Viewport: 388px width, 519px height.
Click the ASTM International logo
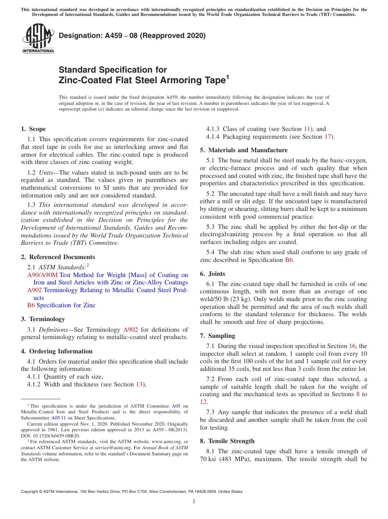pyautogui.click(x=38, y=38)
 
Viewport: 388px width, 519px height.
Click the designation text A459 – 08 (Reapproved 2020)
pyautogui.click(x=132, y=35)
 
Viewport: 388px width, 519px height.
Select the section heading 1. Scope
pyautogui.click(x=33, y=129)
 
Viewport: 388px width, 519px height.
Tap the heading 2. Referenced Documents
pyautogui.click(x=58, y=257)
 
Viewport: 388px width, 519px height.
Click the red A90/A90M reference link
pyautogui.click(x=42, y=275)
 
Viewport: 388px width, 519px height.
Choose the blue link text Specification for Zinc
pyautogui.click(x=66, y=305)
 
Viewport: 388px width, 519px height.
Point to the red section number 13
pyautogui.click(x=139, y=384)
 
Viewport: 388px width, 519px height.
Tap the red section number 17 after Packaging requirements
pyautogui.click(x=328, y=137)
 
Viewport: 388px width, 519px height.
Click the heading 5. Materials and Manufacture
pyautogui.click(x=243, y=150)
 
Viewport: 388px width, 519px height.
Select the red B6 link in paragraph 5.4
pyautogui.click(x=288, y=260)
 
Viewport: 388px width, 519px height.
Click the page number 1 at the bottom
pyautogui.click(x=194, y=501)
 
